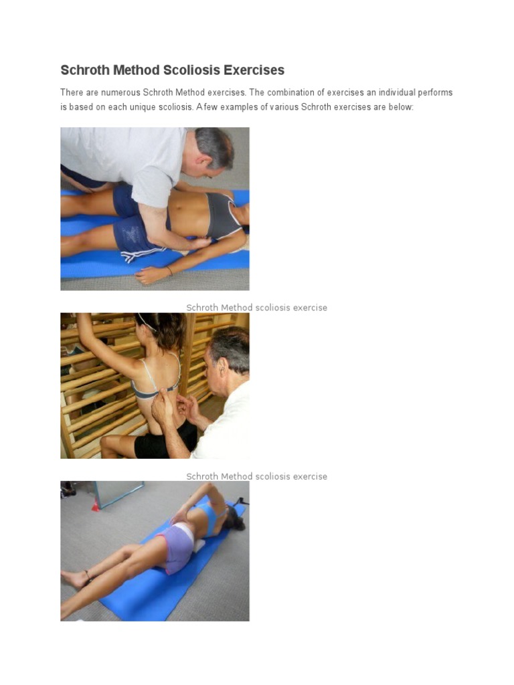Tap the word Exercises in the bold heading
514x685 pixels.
point(254,70)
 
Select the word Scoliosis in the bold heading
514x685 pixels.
point(192,70)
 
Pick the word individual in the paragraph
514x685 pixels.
point(397,92)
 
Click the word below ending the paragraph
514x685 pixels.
point(401,107)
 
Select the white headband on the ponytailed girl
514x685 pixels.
point(147,322)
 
